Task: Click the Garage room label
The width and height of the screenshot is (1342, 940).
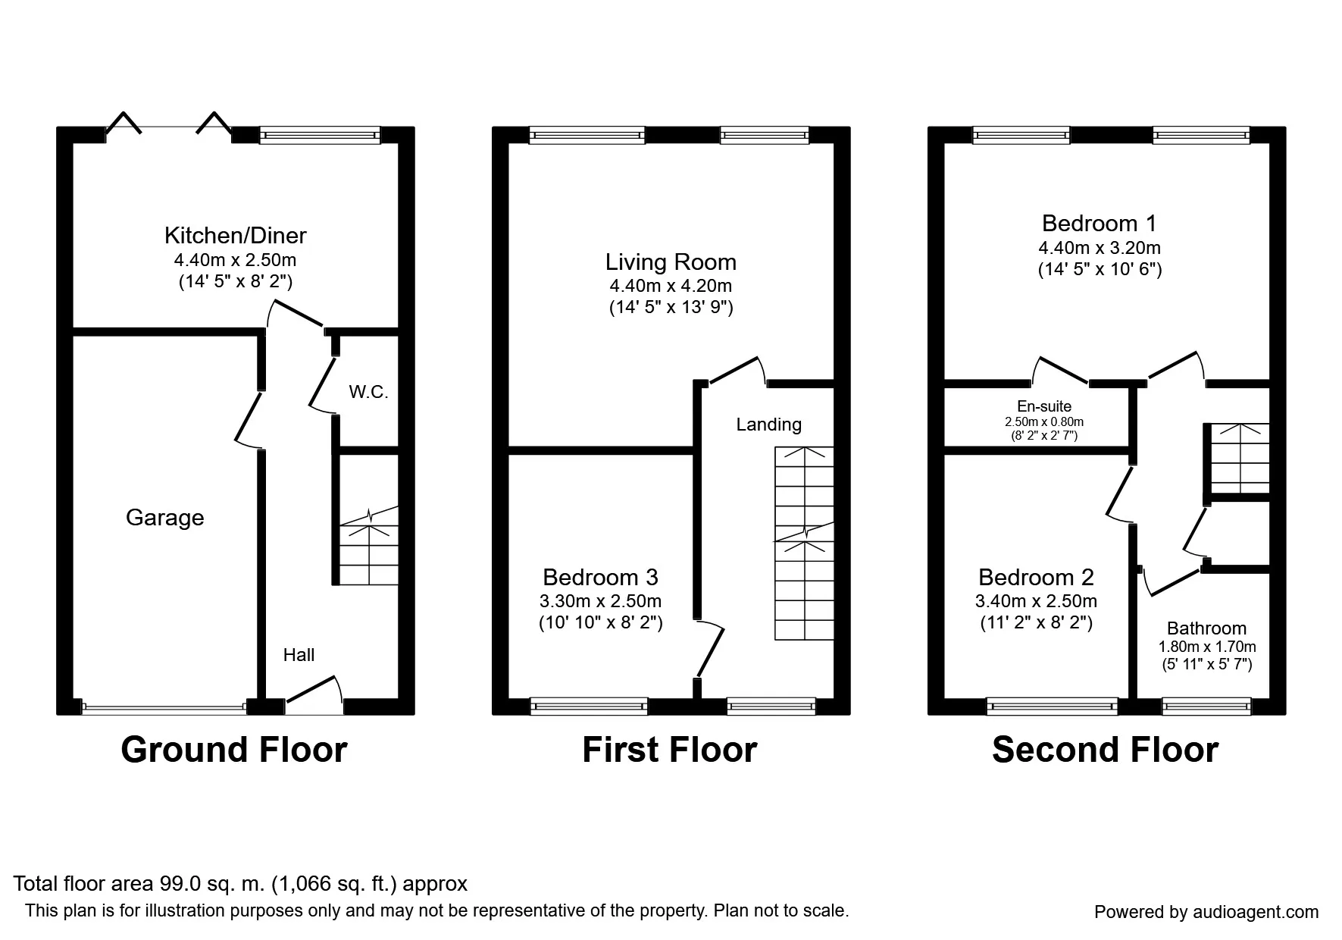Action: (164, 518)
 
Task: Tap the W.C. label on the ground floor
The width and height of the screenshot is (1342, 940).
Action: (368, 392)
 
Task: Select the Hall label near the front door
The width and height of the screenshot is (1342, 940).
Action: (299, 655)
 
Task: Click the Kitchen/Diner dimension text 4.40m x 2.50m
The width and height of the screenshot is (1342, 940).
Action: (235, 260)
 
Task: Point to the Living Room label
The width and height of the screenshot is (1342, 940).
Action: (671, 262)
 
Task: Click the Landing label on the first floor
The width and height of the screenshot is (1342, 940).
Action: (768, 425)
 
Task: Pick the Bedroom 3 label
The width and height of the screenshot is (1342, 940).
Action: (600, 578)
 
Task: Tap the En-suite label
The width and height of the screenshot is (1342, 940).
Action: (1044, 406)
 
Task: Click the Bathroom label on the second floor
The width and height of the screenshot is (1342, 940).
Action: (1206, 628)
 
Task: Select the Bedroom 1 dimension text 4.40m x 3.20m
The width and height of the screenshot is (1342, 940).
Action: (1100, 248)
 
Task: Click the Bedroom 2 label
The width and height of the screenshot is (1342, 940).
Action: (1036, 578)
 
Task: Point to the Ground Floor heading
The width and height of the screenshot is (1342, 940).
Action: (234, 750)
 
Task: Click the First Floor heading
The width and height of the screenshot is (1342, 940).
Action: (670, 750)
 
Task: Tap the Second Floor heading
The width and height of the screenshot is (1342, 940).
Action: (1105, 750)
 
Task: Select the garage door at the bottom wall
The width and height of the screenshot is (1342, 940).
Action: (164, 708)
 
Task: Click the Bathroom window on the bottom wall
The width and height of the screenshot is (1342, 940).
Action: (1206, 707)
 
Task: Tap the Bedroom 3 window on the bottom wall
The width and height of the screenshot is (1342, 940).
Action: (589, 707)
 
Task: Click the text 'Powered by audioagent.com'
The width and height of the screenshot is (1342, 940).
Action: (1206, 912)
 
